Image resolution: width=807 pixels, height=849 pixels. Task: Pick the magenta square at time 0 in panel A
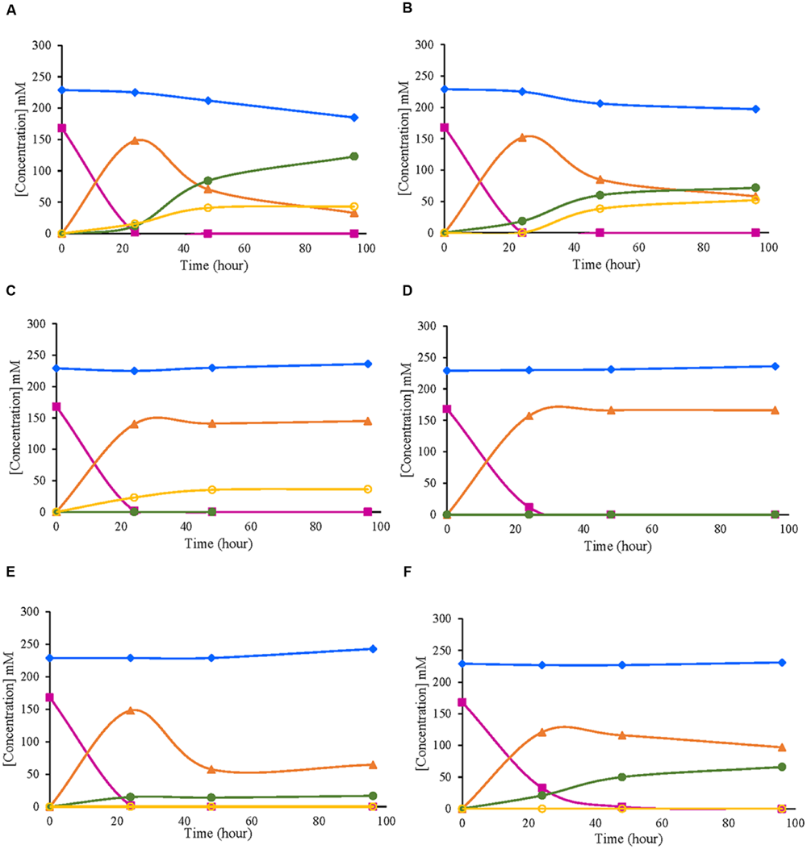[x=61, y=128]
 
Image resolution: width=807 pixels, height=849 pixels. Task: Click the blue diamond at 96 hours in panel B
[x=755, y=109]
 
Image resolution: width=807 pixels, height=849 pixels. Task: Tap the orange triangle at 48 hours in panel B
[x=600, y=179]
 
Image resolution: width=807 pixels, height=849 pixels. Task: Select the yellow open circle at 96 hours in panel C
[x=367, y=489]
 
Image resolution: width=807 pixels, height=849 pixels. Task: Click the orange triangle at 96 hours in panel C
[x=367, y=421]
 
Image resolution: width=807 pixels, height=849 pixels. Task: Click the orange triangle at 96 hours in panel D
[x=775, y=410]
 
